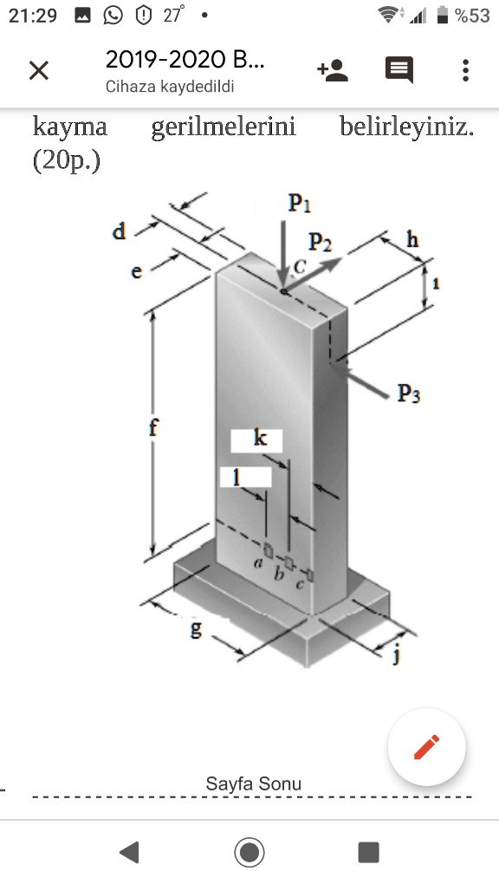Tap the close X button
coord(38,70)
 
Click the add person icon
coord(333,70)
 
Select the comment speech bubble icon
coord(399,70)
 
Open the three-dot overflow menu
coord(466,70)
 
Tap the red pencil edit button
coord(427,747)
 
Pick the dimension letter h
coord(412,239)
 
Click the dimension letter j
coord(398,654)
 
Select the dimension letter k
coord(260,439)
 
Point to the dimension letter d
coord(120,231)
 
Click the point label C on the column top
coord(299,267)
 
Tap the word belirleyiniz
coord(406,127)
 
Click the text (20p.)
coord(67,161)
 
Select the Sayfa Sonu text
coord(253,784)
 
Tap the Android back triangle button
coord(129,851)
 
